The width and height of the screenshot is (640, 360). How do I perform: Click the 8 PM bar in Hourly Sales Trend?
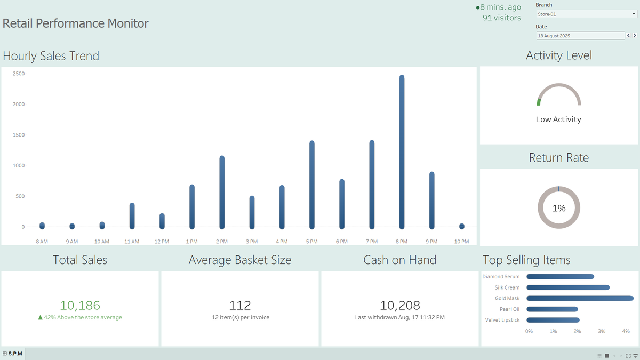coord(402,152)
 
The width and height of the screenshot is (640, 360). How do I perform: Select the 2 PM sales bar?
coord(222,193)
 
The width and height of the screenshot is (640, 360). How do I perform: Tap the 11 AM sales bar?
coord(132,216)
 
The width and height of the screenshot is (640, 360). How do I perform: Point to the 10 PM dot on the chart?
coord(462,226)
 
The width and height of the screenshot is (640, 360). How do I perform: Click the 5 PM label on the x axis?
coord(311,242)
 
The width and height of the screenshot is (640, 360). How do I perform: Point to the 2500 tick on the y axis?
coord(19,74)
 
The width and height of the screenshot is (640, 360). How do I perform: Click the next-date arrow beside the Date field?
coord(635,35)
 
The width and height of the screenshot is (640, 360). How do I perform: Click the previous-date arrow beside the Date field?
coord(628,35)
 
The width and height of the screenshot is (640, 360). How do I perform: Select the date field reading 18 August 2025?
coord(580,36)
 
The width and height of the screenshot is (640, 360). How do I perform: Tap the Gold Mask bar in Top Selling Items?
coord(580,298)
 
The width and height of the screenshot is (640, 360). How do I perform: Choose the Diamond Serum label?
coord(501,277)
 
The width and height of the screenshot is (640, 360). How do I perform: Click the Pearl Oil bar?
coord(553,309)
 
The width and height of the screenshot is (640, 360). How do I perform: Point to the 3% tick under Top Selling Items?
coord(602,331)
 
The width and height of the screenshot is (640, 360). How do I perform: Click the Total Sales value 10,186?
coord(80,305)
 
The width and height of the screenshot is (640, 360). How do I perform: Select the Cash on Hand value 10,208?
coord(399,305)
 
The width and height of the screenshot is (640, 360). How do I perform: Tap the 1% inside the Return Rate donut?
coord(559,208)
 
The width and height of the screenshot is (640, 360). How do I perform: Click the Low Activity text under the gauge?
coord(559,119)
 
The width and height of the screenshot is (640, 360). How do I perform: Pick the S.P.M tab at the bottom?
coord(13,354)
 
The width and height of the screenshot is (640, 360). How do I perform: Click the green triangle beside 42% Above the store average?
coord(41,317)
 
